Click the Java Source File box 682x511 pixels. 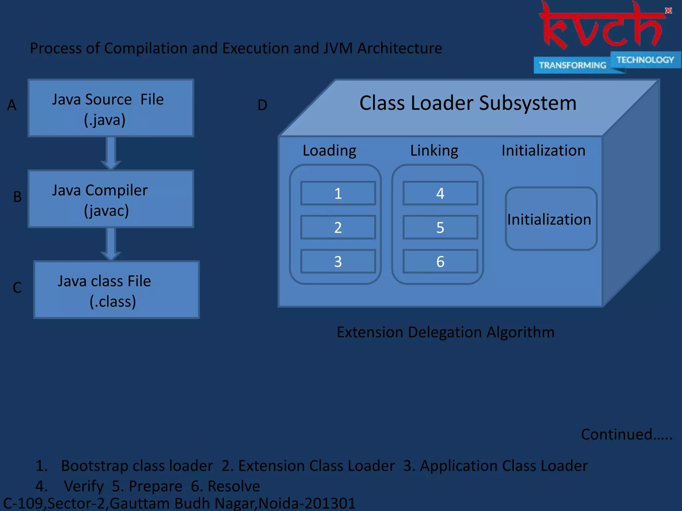(111, 108)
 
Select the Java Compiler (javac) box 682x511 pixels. (111, 199)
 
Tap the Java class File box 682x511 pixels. (117, 290)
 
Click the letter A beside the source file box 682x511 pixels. (12, 105)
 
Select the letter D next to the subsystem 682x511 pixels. (262, 105)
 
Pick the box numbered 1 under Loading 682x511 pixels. (338, 193)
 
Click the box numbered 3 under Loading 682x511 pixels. (338, 261)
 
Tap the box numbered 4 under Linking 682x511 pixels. (440, 193)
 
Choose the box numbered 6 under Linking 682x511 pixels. (440, 261)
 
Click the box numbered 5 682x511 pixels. (440, 228)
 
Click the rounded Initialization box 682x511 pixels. (551, 219)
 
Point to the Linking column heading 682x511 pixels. (434, 150)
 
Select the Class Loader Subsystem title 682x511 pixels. (468, 103)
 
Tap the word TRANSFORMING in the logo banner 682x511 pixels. (572, 65)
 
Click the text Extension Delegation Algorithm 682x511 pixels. (446, 332)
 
